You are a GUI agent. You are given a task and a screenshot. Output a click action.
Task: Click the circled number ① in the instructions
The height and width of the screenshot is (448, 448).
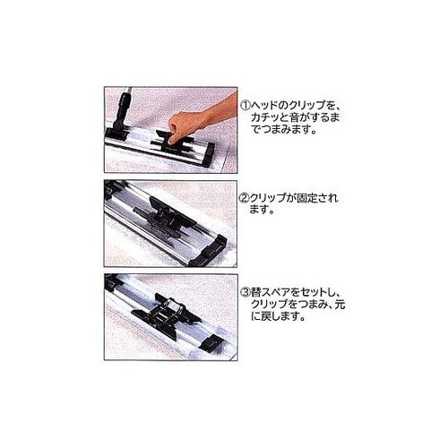tap(246, 100)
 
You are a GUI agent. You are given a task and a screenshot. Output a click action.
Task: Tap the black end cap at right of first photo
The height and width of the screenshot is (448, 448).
tap(208, 154)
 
